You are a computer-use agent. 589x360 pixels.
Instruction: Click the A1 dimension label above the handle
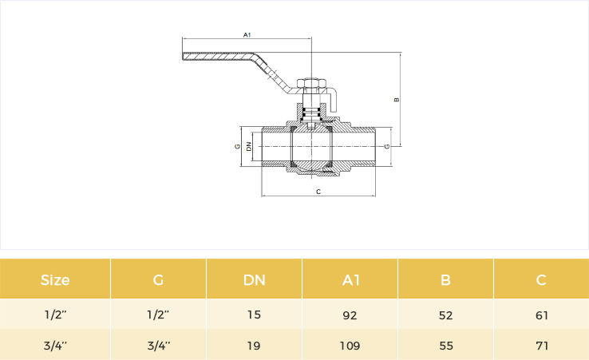[247, 35]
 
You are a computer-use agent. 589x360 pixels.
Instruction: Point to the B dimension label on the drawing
[397, 100]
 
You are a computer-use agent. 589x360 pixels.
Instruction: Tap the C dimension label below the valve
[318, 192]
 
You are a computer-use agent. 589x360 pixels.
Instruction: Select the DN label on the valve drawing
[249, 146]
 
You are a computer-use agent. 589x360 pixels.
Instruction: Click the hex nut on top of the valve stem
[311, 83]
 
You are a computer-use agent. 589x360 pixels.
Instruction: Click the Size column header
[55, 280]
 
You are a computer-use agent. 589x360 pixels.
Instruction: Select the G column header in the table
[158, 280]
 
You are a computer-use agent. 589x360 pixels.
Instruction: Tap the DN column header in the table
[255, 280]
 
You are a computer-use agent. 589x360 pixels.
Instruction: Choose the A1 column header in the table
[351, 280]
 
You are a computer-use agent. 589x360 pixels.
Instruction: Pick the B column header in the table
[445, 280]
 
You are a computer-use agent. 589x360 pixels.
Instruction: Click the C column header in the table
[541, 280]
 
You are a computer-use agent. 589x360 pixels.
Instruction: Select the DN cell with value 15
[255, 315]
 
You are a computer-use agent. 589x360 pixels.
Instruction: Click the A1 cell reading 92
[350, 315]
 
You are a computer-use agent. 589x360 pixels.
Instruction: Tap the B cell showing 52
[446, 315]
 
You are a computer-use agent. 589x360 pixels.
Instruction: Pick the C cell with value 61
[542, 315]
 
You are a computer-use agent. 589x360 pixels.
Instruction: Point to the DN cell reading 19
[254, 346]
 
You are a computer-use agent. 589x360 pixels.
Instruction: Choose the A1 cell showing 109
[350, 346]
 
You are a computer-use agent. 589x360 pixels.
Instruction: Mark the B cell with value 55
[446, 346]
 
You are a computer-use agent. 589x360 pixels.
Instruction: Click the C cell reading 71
[542, 346]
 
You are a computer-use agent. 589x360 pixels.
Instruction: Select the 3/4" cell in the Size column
[55, 346]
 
